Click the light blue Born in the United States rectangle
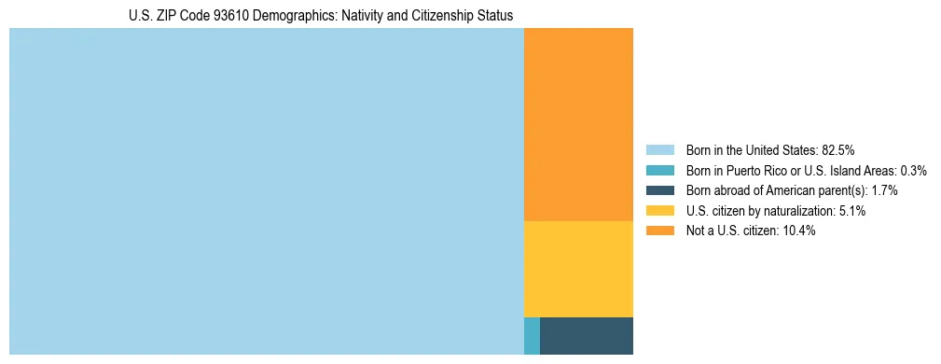click(x=266, y=191)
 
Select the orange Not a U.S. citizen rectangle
click(x=578, y=124)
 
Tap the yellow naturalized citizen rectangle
click(x=578, y=269)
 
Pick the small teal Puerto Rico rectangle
click(x=532, y=336)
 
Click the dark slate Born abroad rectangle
click(x=587, y=336)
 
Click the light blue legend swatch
click(x=659, y=149)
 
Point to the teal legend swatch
click(x=659, y=170)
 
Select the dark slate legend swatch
click(x=659, y=190)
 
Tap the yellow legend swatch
click(x=659, y=211)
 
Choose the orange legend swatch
click(x=659, y=231)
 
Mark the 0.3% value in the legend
click(x=914, y=170)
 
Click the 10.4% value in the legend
click(x=798, y=231)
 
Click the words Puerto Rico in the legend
click(x=754, y=170)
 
